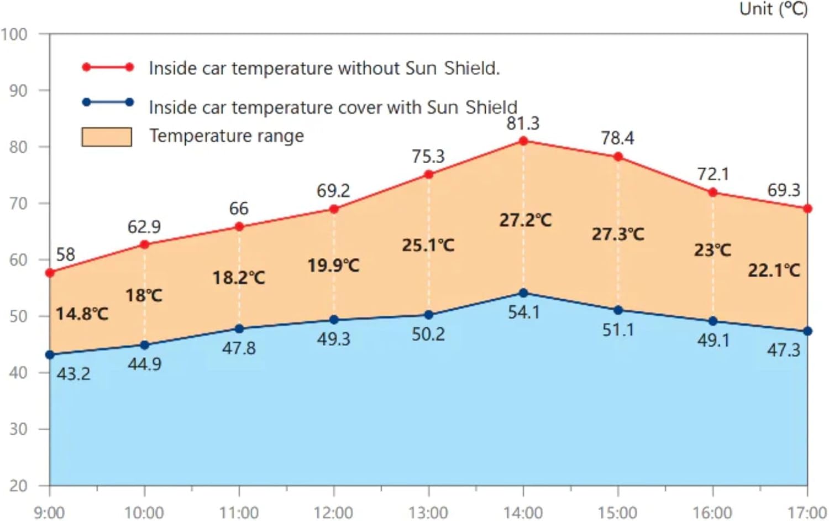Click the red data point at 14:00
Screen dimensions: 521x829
coord(523,141)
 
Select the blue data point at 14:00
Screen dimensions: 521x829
coord(523,293)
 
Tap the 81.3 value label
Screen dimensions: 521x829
coord(523,123)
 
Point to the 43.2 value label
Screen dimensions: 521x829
coord(74,374)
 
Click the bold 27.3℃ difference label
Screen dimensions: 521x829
coord(618,234)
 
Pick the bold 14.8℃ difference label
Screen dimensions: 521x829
coord(82,314)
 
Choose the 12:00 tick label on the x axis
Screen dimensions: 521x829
coord(333,512)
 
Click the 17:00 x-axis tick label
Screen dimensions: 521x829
coord(807,512)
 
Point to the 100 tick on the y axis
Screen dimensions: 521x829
coord(14,34)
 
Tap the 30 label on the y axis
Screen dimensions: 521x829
coord(18,429)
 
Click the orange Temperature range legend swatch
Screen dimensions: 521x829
coord(107,137)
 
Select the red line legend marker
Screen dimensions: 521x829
coord(108,67)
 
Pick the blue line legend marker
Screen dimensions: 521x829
coord(108,102)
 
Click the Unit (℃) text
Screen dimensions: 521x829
coord(774,9)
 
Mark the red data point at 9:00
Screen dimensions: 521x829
coord(50,273)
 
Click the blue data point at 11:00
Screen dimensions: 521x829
coord(239,329)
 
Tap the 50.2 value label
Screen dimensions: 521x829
coord(428,334)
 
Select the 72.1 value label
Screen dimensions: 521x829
coord(713,174)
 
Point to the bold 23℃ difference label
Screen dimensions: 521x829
coord(712,250)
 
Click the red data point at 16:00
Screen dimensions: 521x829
coord(713,192)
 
